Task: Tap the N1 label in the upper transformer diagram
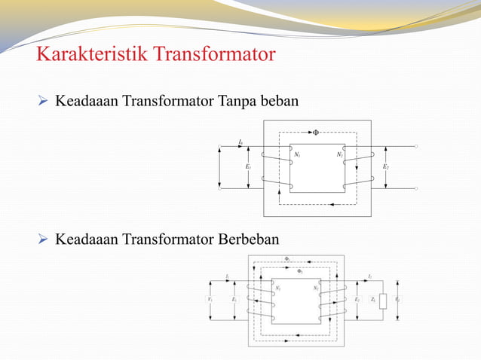pos(297,155)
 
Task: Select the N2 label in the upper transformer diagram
pos(340,155)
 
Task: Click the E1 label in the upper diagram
pos(248,166)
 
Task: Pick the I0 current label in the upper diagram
pos(240,141)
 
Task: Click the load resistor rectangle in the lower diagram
pos(383,301)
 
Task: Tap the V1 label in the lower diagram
pos(209,299)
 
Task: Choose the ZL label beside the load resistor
pos(372,300)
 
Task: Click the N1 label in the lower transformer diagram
pos(278,287)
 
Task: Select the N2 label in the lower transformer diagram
pos(316,287)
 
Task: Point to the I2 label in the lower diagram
pos(369,277)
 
